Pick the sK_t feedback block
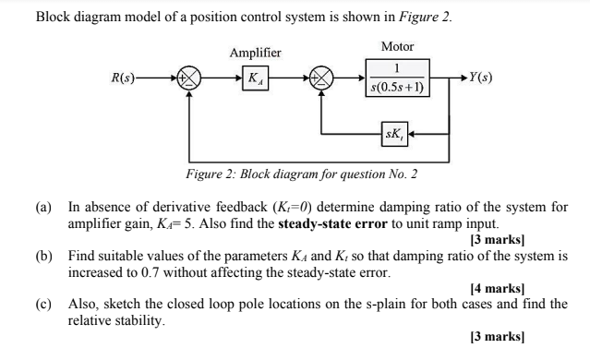click(x=393, y=135)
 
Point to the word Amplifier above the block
click(x=256, y=54)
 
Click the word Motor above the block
click(x=397, y=46)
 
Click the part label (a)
click(x=44, y=208)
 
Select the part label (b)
click(x=44, y=253)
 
